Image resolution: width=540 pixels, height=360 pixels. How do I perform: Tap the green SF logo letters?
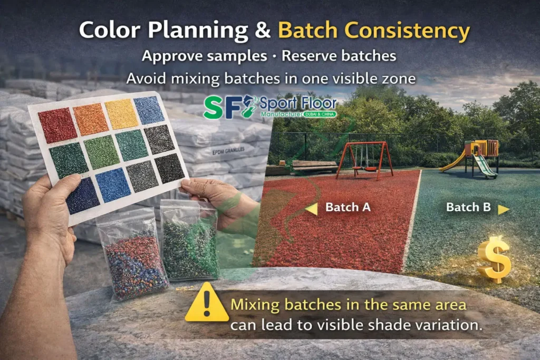(x=220, y=107)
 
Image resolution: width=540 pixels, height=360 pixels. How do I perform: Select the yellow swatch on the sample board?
(x=121, y=113)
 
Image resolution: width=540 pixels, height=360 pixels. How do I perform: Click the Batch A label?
(x=348, y=207)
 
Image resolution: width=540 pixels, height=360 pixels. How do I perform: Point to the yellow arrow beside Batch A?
(x=312, y=209)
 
